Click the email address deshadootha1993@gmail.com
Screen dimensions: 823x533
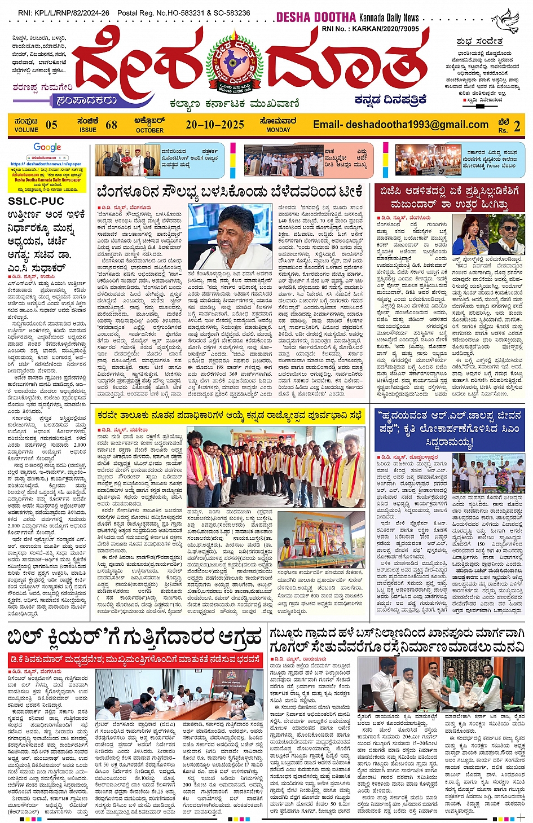(400, 125)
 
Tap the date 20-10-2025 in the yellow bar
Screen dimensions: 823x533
(215, 125)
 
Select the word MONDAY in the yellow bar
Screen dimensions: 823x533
(278, 130)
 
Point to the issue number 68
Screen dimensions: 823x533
(111, 125)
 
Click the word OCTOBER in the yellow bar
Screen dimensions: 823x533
(149, 130)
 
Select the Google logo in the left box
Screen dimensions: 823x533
(47, 148)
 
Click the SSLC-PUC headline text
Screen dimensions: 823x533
(36, 201)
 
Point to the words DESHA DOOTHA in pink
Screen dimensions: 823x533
(316, 17)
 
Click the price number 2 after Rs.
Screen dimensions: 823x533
(517, 125)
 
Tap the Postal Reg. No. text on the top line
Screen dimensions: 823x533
(183, 12)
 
